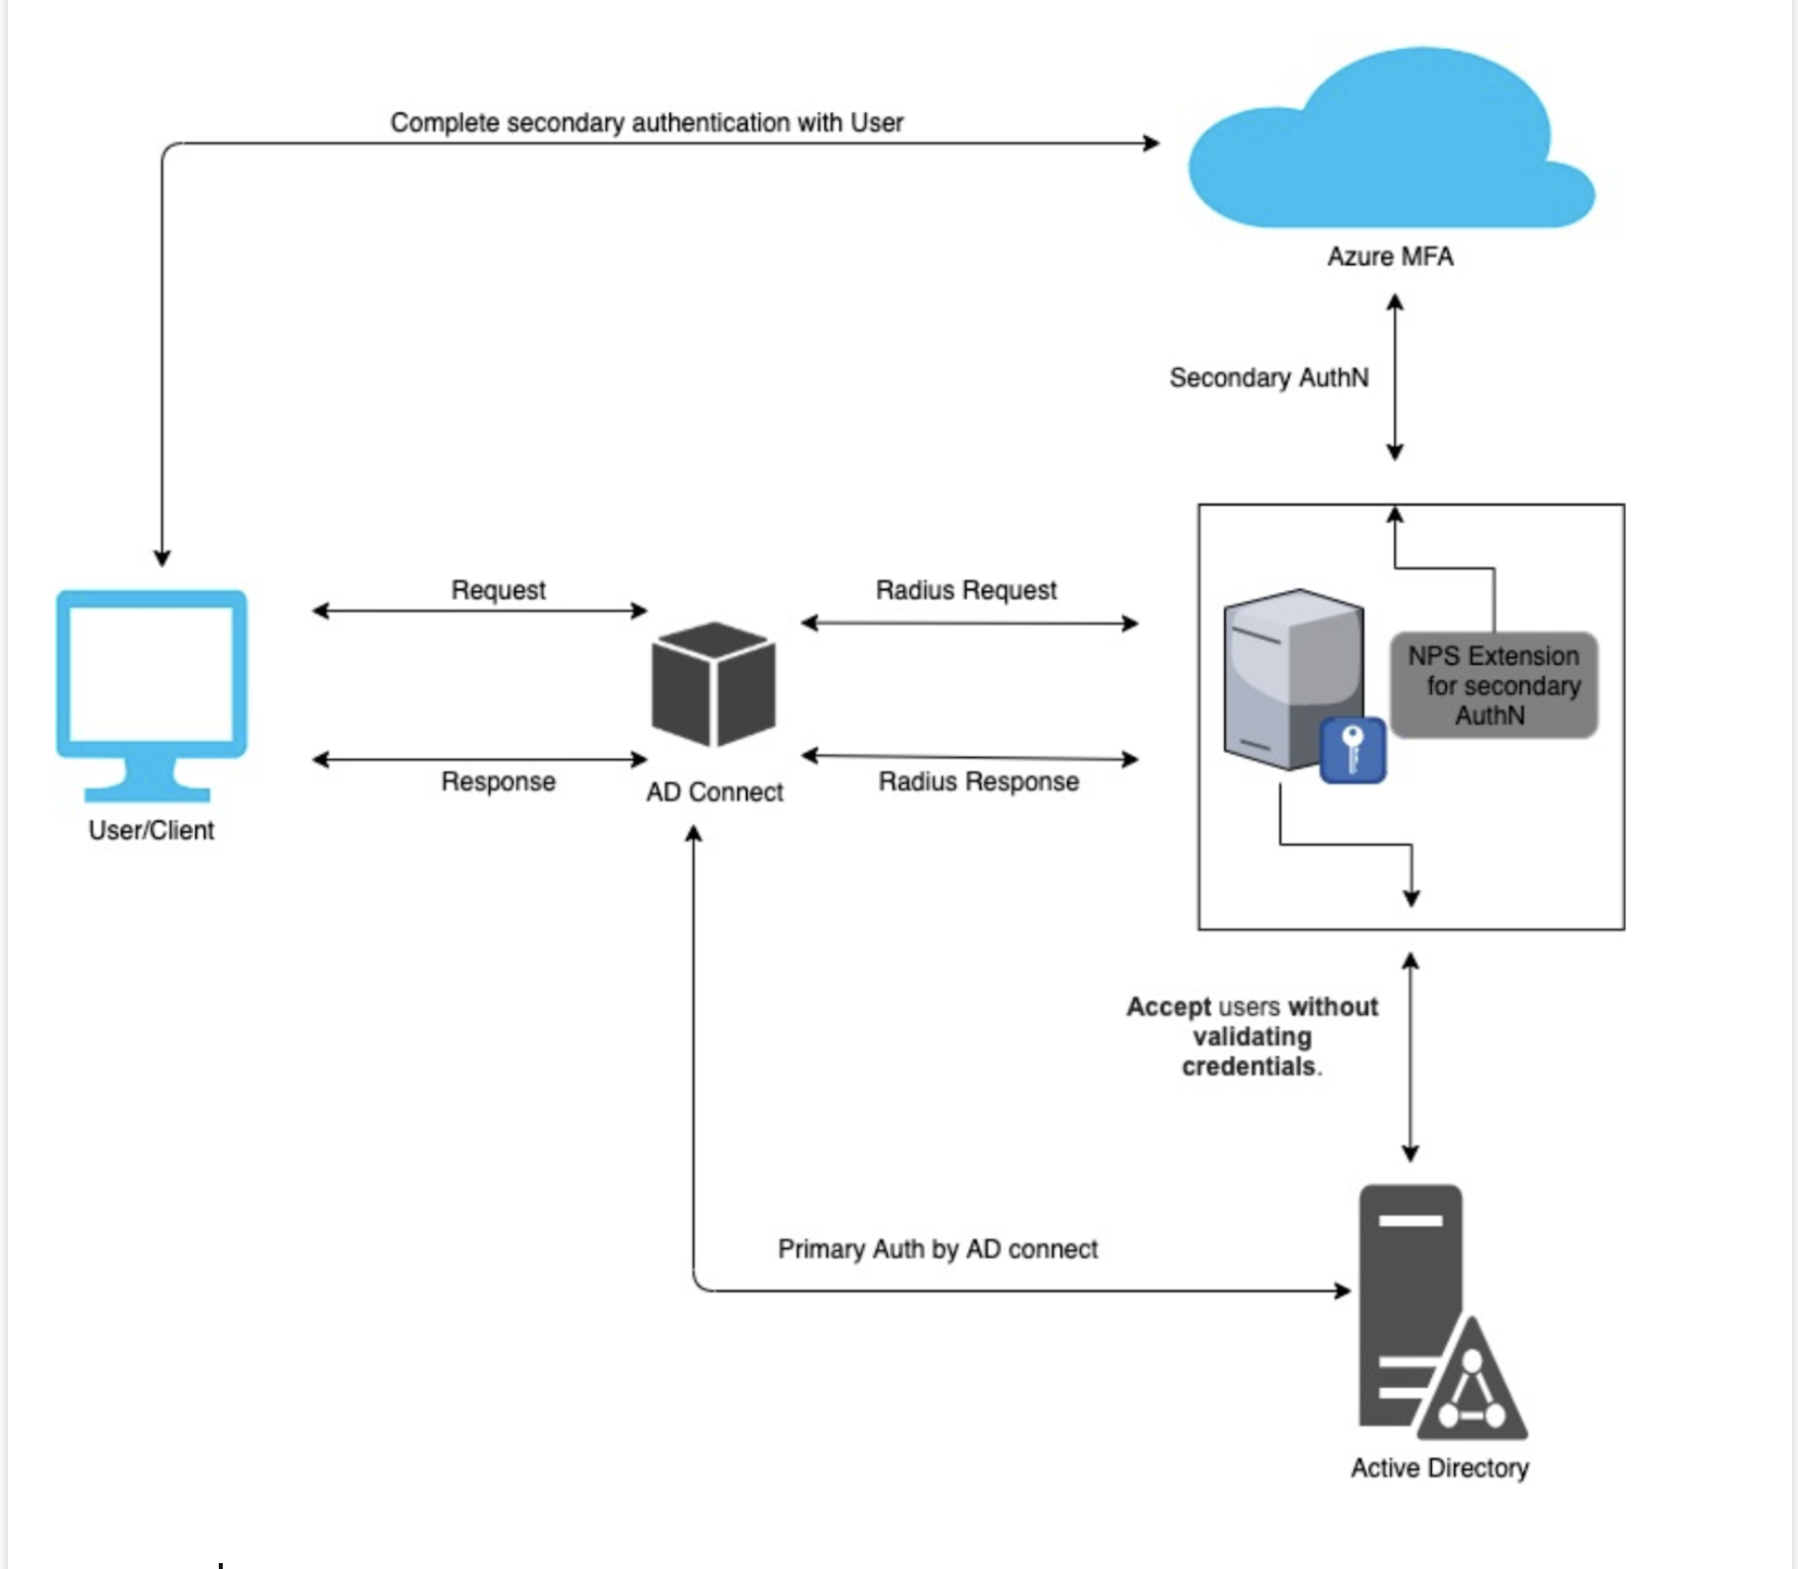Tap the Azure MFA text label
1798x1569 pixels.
pyautogui.click(x=1390, y=257)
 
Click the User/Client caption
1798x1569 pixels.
pyautogui.click(x=151, y=830)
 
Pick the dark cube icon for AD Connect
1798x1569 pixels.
pyautogui.click(x=713, y=684)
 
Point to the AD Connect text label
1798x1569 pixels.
pyautogui.click(x=714, y=792)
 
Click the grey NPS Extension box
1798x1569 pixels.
pyautogui.click(x=1494, y=685)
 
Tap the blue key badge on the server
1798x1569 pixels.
pyautogui.click(x=1352, y=750)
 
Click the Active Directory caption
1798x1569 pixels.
pyautogui.click(x=1439, y=1468)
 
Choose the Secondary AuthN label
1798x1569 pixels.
pyautogui.click(x=1269, y=378)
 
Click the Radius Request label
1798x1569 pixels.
pyautogui.click(x=966, y=591)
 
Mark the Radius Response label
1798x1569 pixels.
pyautogui.click(x=979, y=782)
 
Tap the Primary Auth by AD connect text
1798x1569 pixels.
pyautogui.click(x=937, y=1249)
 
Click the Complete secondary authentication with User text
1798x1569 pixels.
pyautogui.click(x=646, y=122)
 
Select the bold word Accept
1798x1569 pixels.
pyautogui.click(x=1169, y=1007)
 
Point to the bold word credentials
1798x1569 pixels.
pyautogui.click(x=1248, y=1067)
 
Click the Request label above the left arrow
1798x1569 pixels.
pyautogui.click(x=498, y=591)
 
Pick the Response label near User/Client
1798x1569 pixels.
pyautogui.click(x=498, y=782)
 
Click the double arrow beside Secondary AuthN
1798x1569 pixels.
pyautogui.click(x=1395, y=378)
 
